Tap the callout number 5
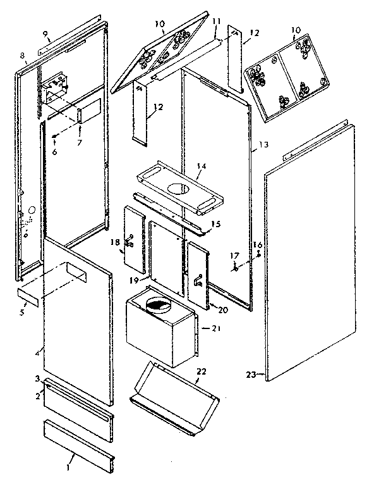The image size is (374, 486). (22, 312)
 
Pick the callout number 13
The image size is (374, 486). (263, 145)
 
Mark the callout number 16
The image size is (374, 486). (257, 245)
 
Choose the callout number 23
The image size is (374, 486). (250, 375)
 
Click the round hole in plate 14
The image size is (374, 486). (179, 188)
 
